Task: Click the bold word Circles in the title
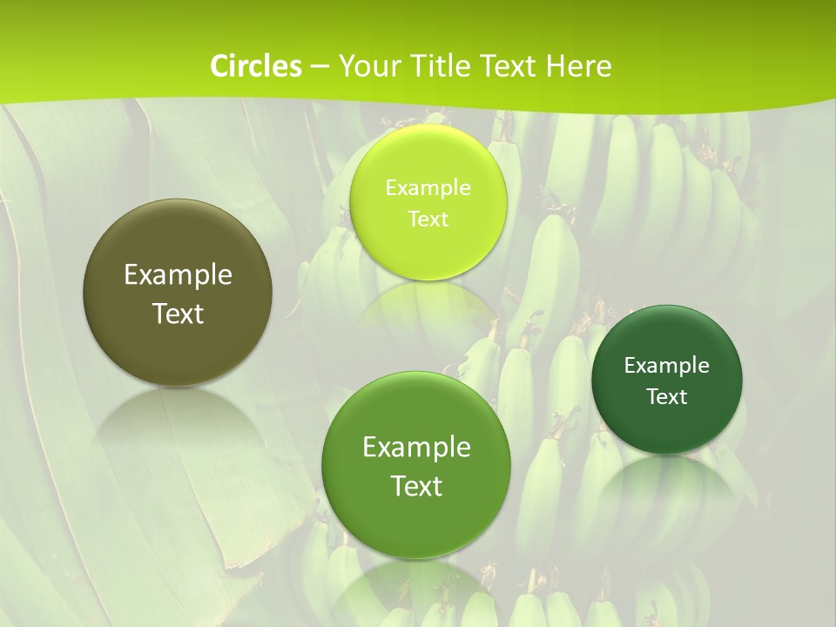[x=255, y=66]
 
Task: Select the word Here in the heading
[x=579, y=66]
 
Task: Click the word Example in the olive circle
[x=178, y=275]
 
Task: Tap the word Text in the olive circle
[x=178, y=313]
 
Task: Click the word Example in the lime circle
[x=428, y=187]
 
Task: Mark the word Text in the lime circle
[x=428, y=219]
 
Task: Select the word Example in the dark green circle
[x=667, y=365]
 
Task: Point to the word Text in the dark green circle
[x=667, y=396]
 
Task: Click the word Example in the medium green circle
[x=416, y=447]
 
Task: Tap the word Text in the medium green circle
[x=416, y=486]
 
